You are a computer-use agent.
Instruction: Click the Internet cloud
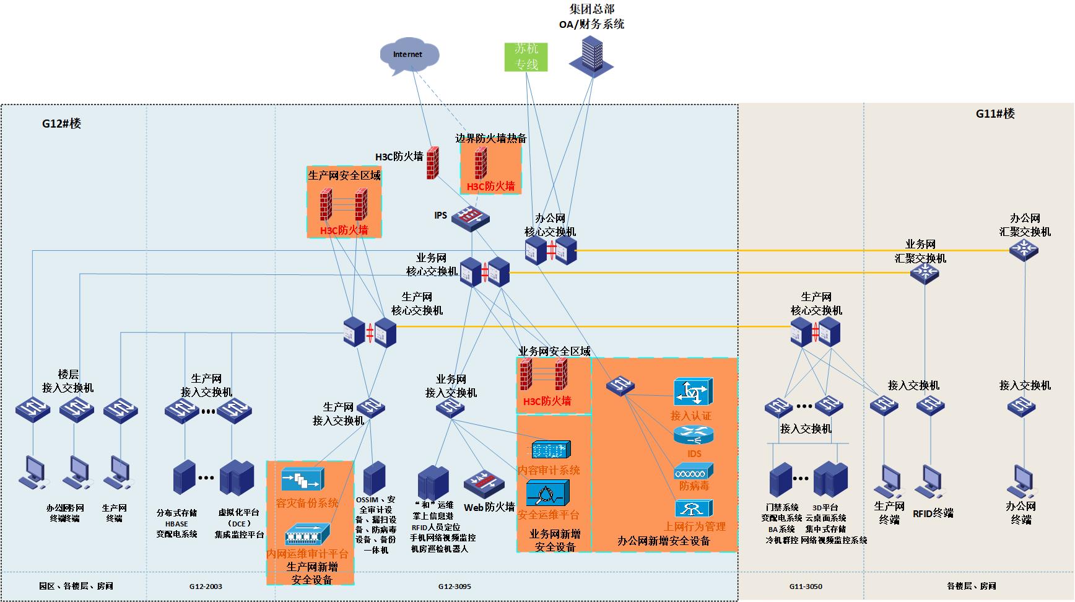coord(409,56)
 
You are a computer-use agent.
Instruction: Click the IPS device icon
coord(470,218)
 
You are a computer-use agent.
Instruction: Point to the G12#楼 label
coord(61,123)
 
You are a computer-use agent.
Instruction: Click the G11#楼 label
coord(995,113)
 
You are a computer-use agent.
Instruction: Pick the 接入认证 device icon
coord(693,392)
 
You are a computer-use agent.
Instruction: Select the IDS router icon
coord(692,436)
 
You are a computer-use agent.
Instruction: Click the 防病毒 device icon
coord(694,471)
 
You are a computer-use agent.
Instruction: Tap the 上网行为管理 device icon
coord(693,509)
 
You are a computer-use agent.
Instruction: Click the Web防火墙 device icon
coord(484,483)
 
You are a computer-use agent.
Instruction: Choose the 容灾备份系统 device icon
coord(303,479)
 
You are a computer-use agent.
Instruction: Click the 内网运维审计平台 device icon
coord(307,534)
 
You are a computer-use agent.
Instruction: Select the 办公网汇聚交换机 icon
coord(1024,250)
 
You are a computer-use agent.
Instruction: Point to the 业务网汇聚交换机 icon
coord(924,273)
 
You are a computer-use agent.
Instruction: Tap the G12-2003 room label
coord(206,587)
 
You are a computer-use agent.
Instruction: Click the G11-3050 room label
coord(806,587)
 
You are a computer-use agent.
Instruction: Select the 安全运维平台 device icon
coord(547,493)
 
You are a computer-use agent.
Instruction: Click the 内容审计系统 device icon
coord(551,450)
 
